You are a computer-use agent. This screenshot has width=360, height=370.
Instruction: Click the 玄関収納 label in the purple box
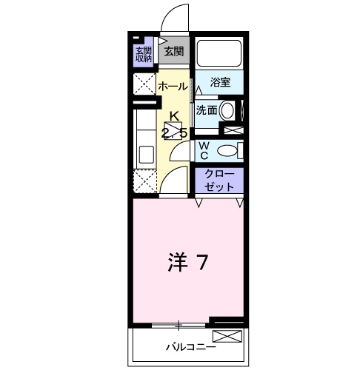coord(143,55)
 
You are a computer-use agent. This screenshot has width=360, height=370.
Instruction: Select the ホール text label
coord(173,86)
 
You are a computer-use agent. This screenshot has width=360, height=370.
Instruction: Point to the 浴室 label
coord(220,82)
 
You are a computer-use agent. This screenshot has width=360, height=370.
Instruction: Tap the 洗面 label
coord(207,110)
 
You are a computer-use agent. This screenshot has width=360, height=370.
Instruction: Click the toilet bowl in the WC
coord(229,150)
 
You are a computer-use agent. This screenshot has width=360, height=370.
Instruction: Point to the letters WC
coord(204,149)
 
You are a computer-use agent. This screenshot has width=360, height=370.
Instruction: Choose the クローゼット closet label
coord(219,181)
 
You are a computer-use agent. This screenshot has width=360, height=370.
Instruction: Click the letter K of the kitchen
coord(175,115)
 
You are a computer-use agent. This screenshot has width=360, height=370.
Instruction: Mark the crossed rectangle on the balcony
coord(232,337)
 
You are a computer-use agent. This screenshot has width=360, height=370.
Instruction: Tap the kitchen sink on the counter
coord(144,154)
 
